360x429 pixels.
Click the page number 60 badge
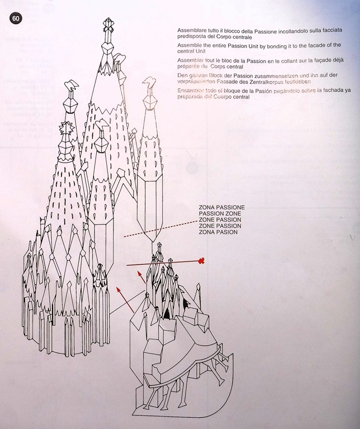16,18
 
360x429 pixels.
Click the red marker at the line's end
202,261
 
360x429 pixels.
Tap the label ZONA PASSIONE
222,207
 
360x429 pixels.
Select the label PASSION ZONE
220,214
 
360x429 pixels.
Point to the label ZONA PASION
218,232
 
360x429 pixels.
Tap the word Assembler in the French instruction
189,60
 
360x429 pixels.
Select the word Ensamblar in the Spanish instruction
189,90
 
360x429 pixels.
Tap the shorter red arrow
141,277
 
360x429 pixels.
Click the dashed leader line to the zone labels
160,228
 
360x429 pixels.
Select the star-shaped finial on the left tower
67,128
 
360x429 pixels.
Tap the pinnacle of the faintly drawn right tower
150,83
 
